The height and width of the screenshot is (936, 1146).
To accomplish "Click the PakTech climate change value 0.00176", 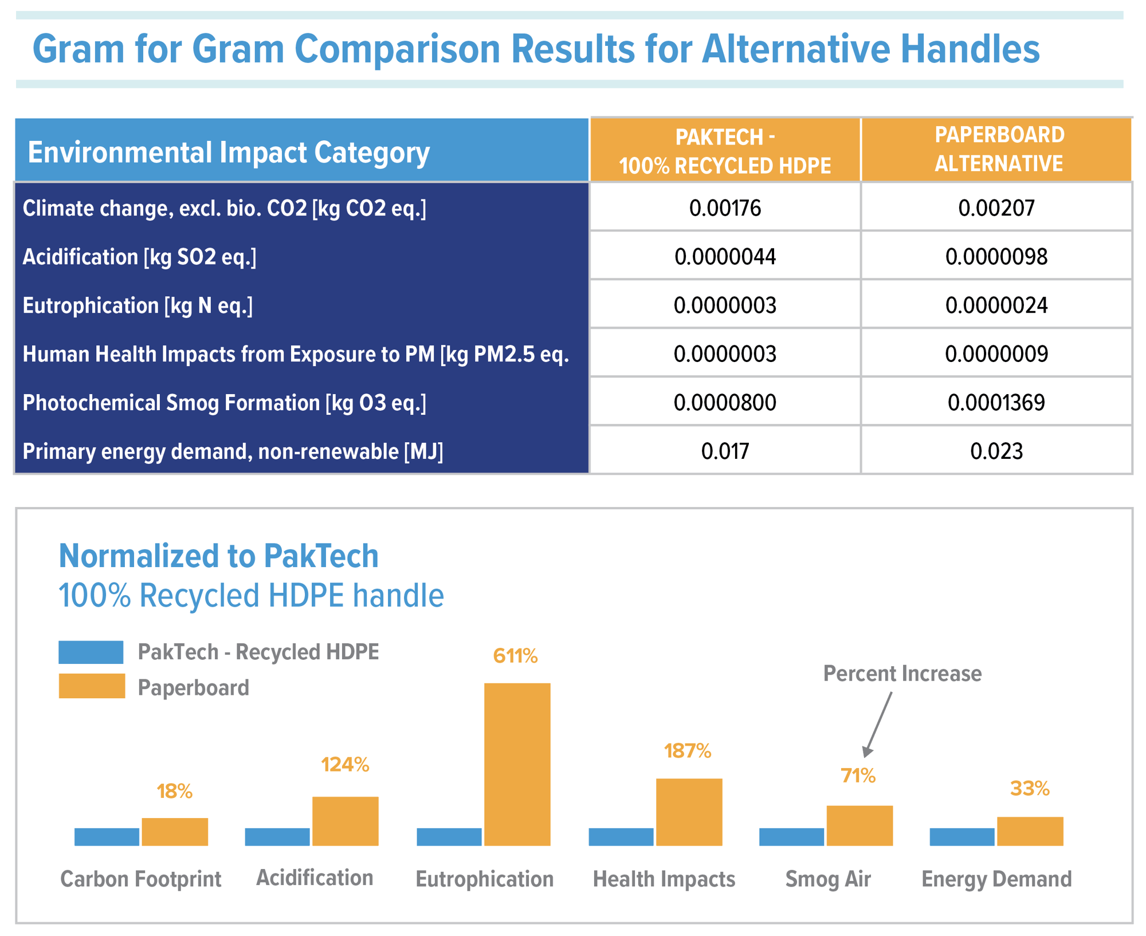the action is (x=725, y=208).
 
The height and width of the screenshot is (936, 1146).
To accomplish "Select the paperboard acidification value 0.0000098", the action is (x=996, y=257).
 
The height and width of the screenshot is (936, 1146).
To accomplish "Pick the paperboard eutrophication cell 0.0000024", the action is (x=996, y=305).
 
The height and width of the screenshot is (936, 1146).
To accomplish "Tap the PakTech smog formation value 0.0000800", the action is (x=725, y=403).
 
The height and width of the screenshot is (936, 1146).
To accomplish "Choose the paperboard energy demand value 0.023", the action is (x=996, y=451).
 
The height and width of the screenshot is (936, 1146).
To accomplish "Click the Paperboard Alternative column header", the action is (x=999, y=149).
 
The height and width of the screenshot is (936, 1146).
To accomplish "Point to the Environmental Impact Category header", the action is (x=229, y=152).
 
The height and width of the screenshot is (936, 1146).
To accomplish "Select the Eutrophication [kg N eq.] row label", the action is (x=138, y=306).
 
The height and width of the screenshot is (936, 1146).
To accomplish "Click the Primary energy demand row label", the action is (x=233, y=452).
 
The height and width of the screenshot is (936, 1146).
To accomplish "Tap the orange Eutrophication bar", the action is (x=517, y=764).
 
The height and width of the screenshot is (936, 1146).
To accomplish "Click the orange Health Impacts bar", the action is (x=689, y=812).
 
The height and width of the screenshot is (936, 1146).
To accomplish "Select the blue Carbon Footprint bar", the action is (x=107, y=837).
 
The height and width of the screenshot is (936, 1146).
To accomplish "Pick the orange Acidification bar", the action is (x=345, y=821).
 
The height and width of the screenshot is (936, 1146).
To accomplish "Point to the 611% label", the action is (x=515, y=656).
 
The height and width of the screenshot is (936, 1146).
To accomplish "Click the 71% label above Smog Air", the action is (x=858, y=776).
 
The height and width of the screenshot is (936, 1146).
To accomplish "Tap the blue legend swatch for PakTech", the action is (x=91, y=652).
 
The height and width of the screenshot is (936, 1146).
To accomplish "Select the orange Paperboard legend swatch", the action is (x=92, y=686).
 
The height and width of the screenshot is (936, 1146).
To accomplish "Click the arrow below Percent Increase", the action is (x=877, y=725).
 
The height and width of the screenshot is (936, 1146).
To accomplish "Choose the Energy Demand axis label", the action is (x=996, y=879).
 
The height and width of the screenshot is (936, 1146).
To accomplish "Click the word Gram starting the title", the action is (x=79, y=49).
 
